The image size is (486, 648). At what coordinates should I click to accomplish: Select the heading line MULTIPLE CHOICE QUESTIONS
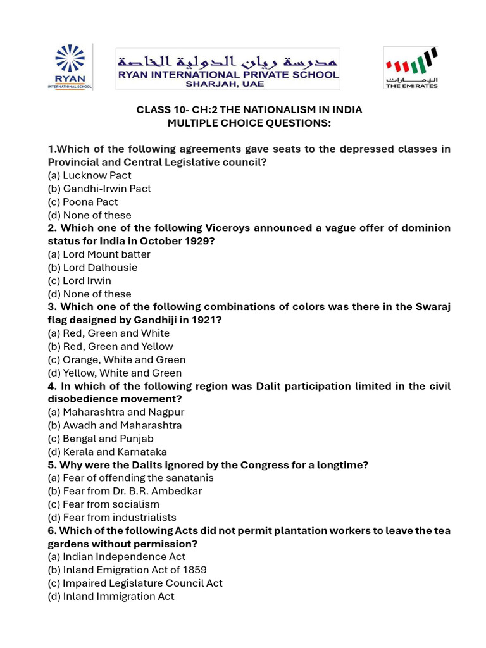coord(249,123)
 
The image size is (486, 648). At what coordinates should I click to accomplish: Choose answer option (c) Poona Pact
coord(83,202)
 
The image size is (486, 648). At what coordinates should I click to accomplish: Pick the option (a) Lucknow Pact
coord(90,175)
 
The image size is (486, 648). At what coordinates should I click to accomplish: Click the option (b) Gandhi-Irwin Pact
coord(99,189)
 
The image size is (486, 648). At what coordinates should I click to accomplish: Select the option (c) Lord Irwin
coord(80,281)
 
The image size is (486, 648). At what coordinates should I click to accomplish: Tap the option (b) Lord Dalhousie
coord(92,268)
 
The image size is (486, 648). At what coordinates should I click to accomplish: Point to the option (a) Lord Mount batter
coord(99,254)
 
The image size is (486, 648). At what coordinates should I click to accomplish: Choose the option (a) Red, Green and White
coord(109,333)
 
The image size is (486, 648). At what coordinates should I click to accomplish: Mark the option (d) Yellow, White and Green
coord(115,373)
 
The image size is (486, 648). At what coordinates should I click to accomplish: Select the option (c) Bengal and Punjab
coord(101,439)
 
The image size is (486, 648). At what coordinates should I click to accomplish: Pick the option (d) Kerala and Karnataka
coord(108,452)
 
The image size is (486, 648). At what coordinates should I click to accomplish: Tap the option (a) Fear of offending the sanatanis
coord(131,478)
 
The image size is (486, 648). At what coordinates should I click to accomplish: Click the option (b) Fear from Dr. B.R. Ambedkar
coord(125,492)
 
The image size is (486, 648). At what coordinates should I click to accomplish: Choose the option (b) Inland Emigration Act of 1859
coord(127,570)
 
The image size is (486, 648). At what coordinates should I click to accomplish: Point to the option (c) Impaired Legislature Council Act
coord(135,583)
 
